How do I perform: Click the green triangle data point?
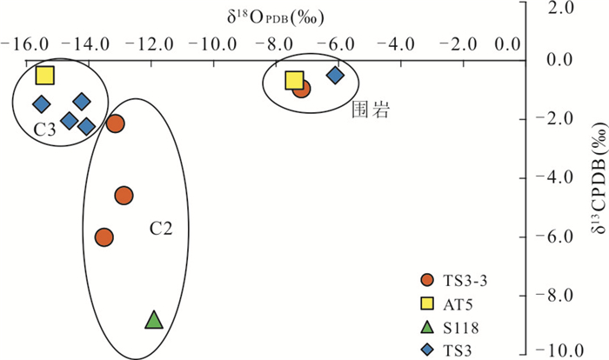pyautogui.click(x=153, y=321)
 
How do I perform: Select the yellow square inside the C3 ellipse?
pyautogui.click(x=45, y=76)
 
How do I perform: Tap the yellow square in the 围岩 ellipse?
pyautogui.click(x=294, y=81)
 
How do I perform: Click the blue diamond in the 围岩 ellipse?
pyautogui.click(x=335, y=76)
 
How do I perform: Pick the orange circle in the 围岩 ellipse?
pyautogui.click(x=302, y=87)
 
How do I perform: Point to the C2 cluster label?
pyautogui.click(x=160, y=229)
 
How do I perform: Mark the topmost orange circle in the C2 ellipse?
pyautogui.click(x=116, y=123)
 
